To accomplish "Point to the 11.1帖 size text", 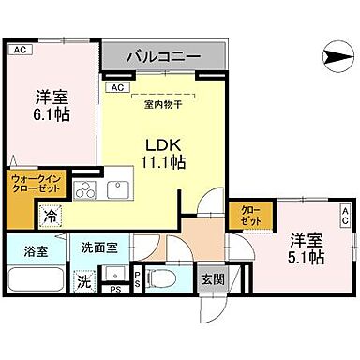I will pos(163,163).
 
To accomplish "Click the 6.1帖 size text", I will pos(51,113).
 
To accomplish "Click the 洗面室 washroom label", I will pos(98,249).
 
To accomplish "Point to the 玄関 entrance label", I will pos(210,278).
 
